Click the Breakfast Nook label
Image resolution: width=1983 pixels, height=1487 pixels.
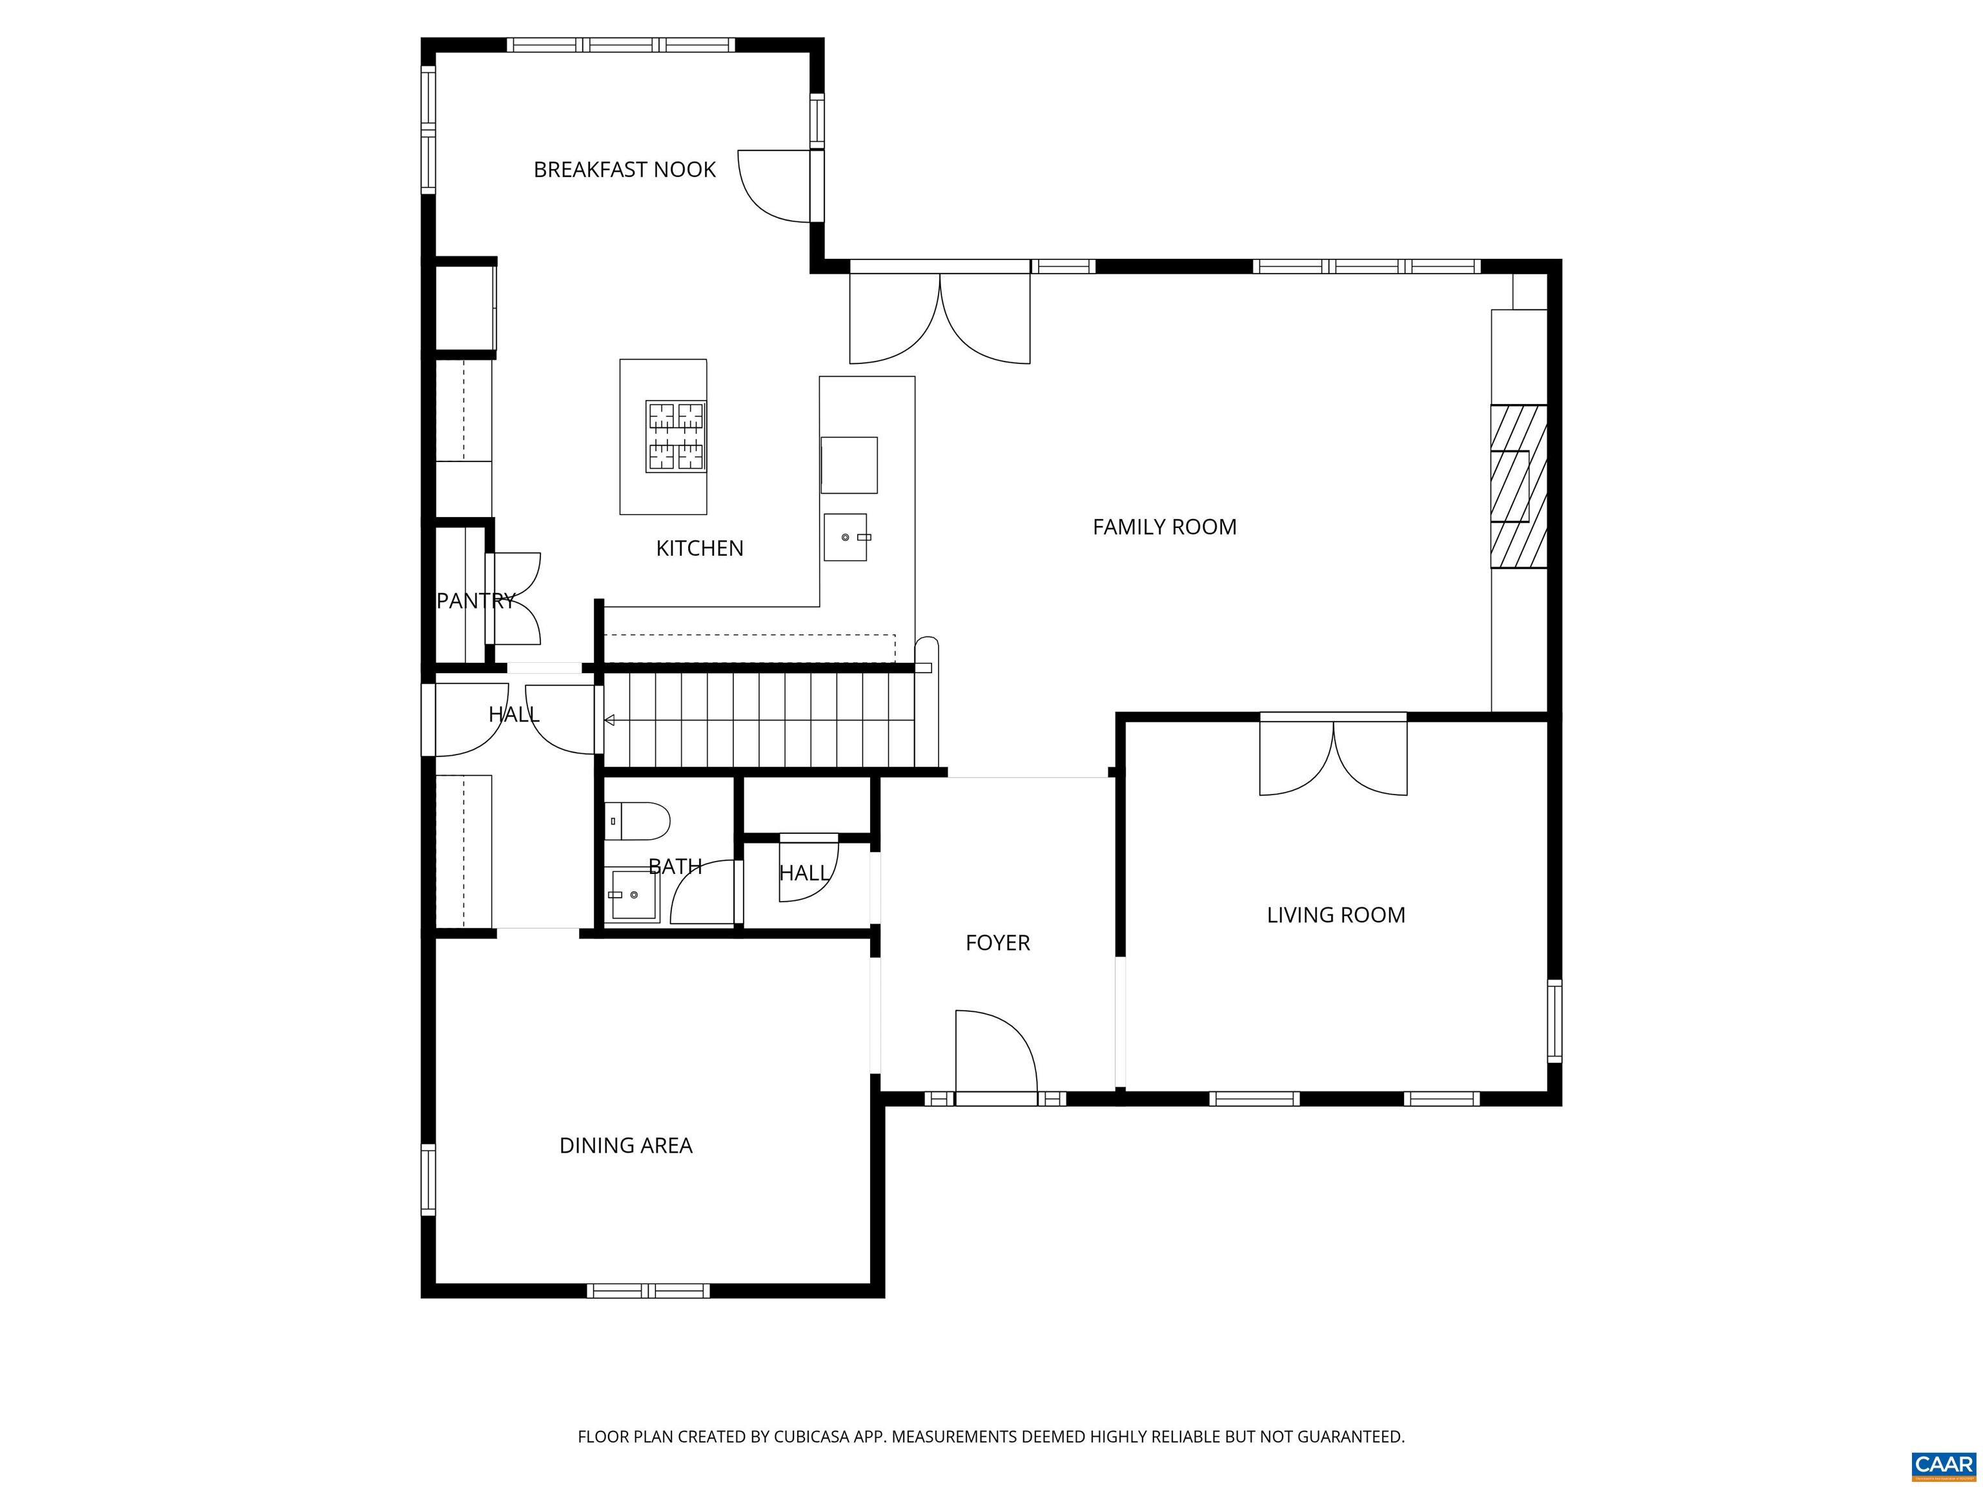[625, 169]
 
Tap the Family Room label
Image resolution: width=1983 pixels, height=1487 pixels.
[1164, 527]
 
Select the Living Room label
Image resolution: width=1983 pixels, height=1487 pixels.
[1336, 915]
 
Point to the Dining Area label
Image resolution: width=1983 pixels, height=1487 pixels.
[625, 1146]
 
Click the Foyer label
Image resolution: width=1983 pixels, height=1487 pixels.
[998, 943]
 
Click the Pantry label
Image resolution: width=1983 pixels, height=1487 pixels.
[476, 600]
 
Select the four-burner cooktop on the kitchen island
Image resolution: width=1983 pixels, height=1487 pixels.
[676, 436]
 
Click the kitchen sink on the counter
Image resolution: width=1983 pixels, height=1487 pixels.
[846, 537]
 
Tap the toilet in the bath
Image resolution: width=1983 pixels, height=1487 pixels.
[636, 821]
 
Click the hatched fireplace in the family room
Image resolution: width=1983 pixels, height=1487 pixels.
[1519, 487]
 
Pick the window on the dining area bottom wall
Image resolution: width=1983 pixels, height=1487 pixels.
[648, 1291]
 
